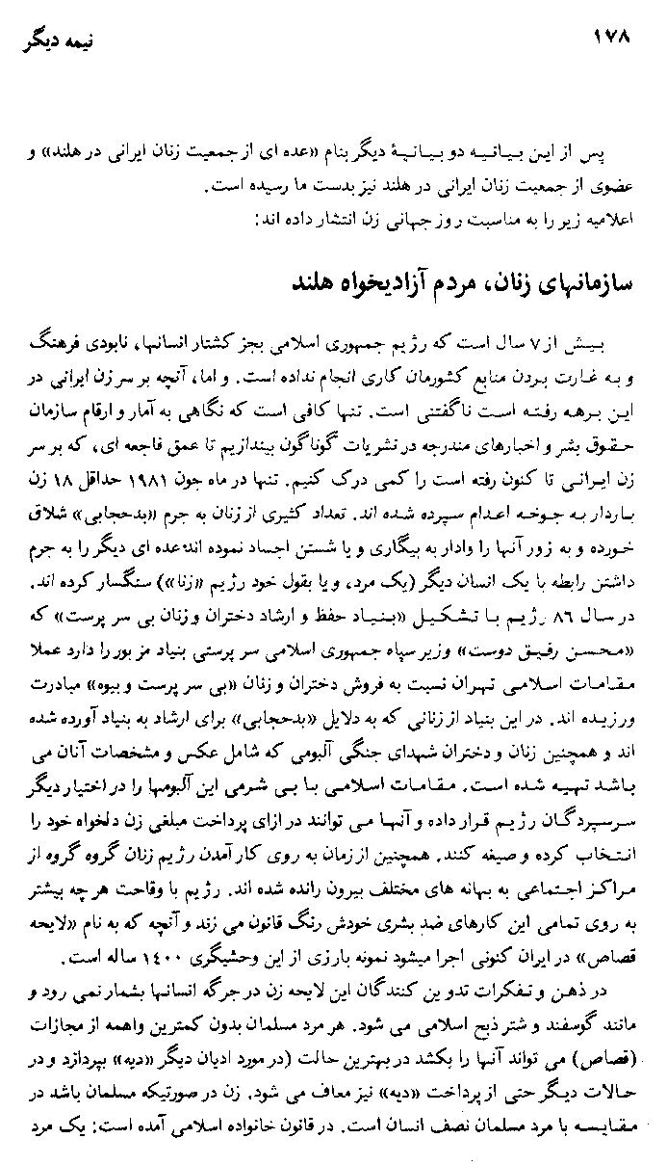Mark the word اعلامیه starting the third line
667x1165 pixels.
(612, 221)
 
